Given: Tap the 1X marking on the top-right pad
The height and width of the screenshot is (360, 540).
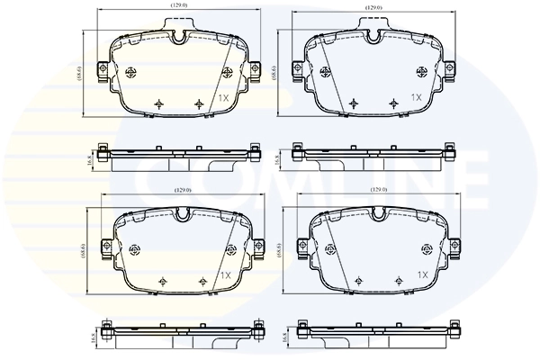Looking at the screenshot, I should click(x=416, y=96).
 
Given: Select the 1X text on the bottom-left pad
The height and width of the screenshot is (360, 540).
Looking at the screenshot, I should click(x=225, y=274).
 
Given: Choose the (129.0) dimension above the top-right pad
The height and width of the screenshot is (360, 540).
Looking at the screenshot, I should click(x=374, y=9).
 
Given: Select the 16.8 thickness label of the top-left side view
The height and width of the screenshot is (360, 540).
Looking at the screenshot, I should click(x=89, y=159).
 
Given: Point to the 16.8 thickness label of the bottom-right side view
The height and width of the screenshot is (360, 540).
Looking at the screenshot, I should click(x=286, y=337).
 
